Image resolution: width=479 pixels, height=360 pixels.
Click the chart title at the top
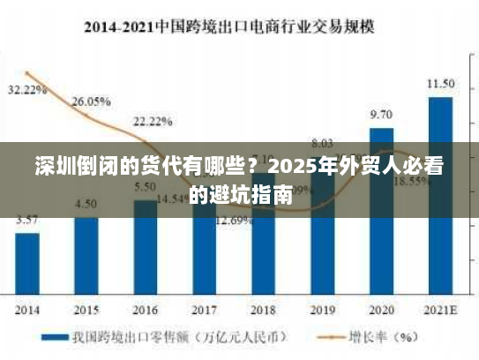click(228, 26)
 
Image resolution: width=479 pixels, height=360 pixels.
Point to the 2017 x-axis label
click(204, 311)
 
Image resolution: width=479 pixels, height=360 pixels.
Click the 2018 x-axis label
click(263, 311)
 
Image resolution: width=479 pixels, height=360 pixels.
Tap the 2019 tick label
click(322, 311)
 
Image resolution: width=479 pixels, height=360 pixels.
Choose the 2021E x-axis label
click(440, 311)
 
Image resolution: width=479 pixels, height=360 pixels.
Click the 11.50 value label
click(440, 84)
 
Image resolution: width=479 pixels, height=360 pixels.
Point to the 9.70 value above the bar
click(381, 115)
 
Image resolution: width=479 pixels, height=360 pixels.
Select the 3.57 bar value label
click(27, 220)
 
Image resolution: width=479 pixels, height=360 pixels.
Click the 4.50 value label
click(86, 204)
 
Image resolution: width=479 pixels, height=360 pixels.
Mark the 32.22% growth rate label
click(26, 90)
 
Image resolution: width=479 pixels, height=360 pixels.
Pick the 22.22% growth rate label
click(153, 121)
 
